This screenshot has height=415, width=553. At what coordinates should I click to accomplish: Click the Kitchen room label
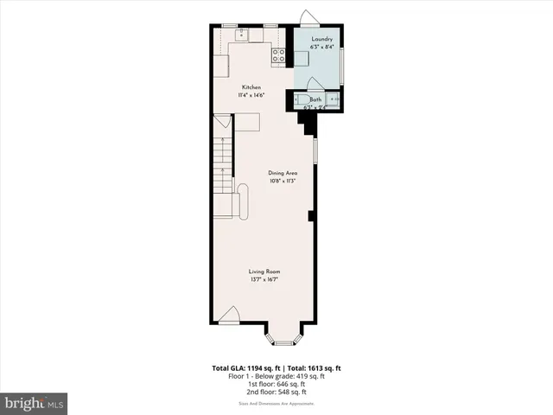point(251,87)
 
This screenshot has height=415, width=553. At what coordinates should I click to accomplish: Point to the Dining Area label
point(283,173)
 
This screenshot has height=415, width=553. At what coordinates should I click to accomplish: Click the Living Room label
point(264,271)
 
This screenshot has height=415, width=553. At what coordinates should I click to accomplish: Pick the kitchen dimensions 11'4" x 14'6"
point(251,95)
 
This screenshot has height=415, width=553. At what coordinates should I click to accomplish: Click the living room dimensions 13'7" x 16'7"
point(264,279)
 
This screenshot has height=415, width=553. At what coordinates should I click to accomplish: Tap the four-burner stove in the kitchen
point(278,56)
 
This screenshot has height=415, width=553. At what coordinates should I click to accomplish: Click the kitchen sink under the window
point(243,35)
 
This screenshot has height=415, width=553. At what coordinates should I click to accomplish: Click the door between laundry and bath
point(315,83)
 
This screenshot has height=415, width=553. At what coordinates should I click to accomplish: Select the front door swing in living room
point(228,316)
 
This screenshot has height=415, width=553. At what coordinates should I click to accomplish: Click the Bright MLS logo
point(34,404)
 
